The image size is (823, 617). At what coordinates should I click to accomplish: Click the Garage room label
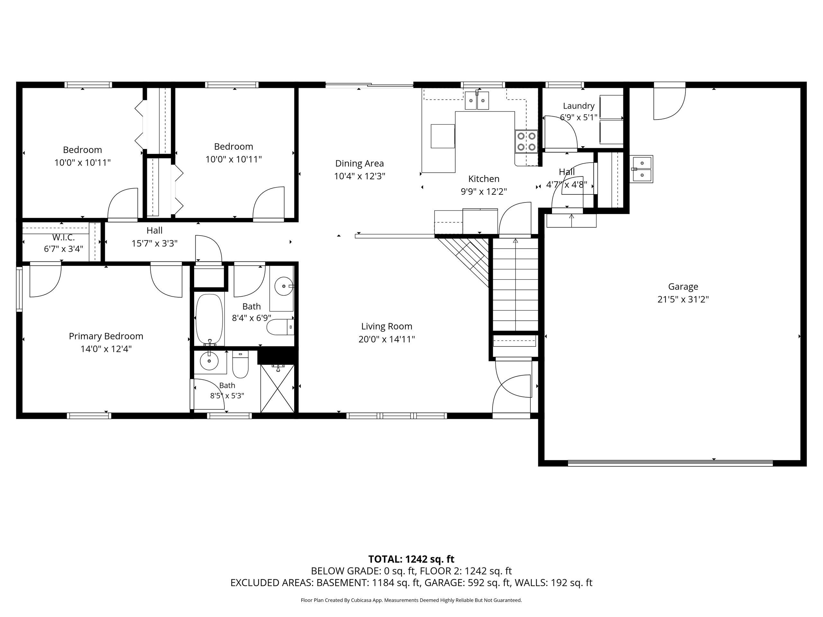(x=683, y=286)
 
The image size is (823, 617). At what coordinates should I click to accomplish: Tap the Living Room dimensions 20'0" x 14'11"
(x=386, y=339)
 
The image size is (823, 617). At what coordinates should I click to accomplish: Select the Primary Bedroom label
(x=106, y=336)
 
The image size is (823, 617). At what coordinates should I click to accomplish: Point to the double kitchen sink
(x=477, y=100)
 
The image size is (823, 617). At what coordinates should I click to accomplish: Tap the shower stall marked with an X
(x=277, y=388)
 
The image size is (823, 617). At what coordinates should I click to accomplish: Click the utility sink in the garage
(x=642, y=169)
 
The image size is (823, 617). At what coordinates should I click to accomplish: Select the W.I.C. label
(x=64, y=237)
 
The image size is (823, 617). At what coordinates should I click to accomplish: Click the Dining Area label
(x=359, y=163)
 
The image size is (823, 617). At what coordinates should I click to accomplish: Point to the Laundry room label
(x=579, y=106)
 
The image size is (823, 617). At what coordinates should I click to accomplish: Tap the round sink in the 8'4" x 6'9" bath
(x=284, y=286)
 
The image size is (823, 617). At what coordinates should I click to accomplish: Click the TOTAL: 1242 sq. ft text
(x=411, y=559)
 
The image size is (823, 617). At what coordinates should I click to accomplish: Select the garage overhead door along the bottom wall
(x=670, y=463)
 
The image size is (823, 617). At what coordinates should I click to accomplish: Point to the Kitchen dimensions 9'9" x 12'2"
(x=484, y=192)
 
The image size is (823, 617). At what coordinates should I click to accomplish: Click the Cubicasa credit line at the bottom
(x=411, y=600)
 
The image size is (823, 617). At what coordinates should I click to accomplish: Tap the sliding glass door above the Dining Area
(x=369, y=85)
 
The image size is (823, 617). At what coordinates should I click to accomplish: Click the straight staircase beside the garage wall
(x=516, y=284)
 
